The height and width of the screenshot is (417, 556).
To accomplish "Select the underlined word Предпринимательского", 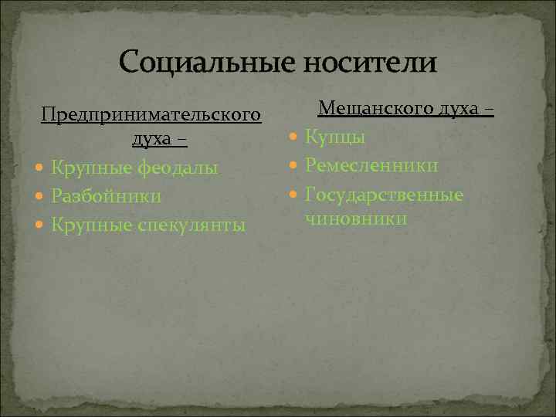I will point(150,115).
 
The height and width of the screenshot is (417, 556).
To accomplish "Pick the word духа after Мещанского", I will point(462,109).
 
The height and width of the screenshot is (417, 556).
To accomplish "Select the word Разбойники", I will point(107,196).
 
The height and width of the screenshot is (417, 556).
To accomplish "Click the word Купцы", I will point(335,137).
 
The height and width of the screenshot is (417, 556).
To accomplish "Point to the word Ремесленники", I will point(371,166).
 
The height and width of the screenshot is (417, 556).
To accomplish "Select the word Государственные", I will point(384,195).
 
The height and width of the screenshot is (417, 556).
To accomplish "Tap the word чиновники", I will point(356,219).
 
